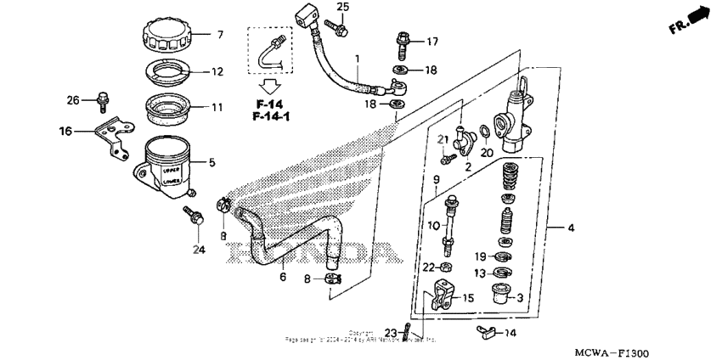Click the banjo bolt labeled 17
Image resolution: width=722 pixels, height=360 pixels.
click(x=403, y=41)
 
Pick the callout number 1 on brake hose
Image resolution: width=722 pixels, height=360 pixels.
click(x=358, y=59)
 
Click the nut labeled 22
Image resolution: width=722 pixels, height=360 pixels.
click(x=446, y=268)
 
